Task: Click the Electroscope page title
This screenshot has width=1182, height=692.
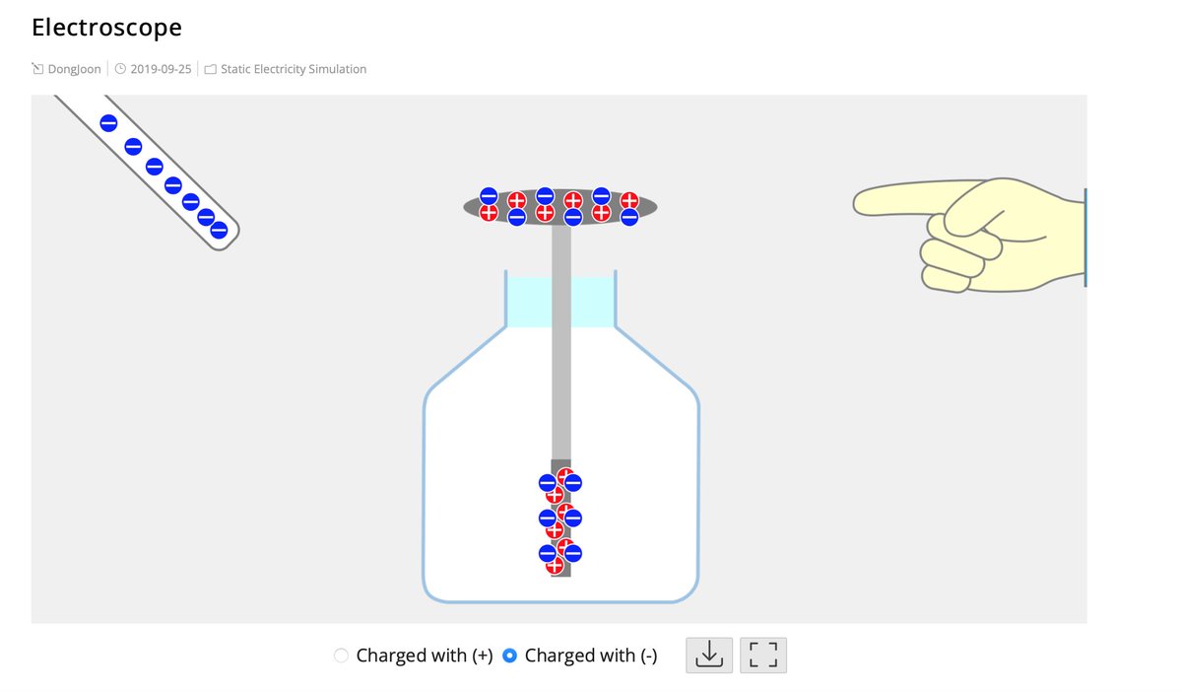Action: [x=106, y=28]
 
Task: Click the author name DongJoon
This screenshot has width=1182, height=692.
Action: [x=74, y=69]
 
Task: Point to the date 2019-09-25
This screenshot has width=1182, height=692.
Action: [x=161, y=69]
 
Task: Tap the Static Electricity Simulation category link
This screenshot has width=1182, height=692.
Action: [x=294, y=69]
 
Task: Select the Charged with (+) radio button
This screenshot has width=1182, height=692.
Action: [x=342, y=656]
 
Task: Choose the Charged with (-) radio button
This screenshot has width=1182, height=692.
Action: [x=510, y=656]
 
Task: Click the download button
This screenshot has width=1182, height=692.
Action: [x=709, y=655]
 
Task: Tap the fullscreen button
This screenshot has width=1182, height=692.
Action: [x=763, y=655]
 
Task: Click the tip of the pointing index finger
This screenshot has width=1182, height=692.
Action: [x=860, y=203]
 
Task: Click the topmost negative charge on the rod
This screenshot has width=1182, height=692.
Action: [x=108, y=123]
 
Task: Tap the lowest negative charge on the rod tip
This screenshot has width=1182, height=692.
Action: [x=219, y=230]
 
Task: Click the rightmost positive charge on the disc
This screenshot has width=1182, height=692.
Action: [x=629, y=200]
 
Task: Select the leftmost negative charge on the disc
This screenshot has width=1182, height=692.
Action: [x=489, y=196]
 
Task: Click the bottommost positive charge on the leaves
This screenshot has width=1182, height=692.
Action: [x=555, y=566]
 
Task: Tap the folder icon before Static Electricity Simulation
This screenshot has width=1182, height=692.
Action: [x=211, y=69]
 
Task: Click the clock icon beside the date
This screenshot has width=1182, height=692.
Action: [x=120, y=69]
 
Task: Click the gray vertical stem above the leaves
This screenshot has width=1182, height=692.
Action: [x=561, y=345]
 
